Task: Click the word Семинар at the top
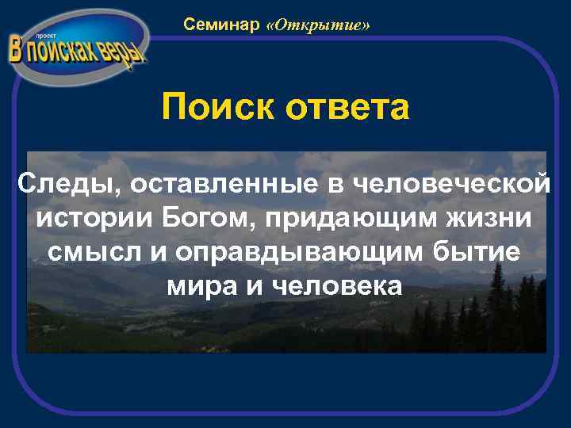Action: pyautogui.click(x=221, y=25)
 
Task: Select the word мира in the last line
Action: pyautogui.click(x=202, y=285)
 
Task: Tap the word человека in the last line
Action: pyautogui.click(x=336, y=285)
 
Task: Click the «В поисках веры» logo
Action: pyautogui.click(x=77, y=49)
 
